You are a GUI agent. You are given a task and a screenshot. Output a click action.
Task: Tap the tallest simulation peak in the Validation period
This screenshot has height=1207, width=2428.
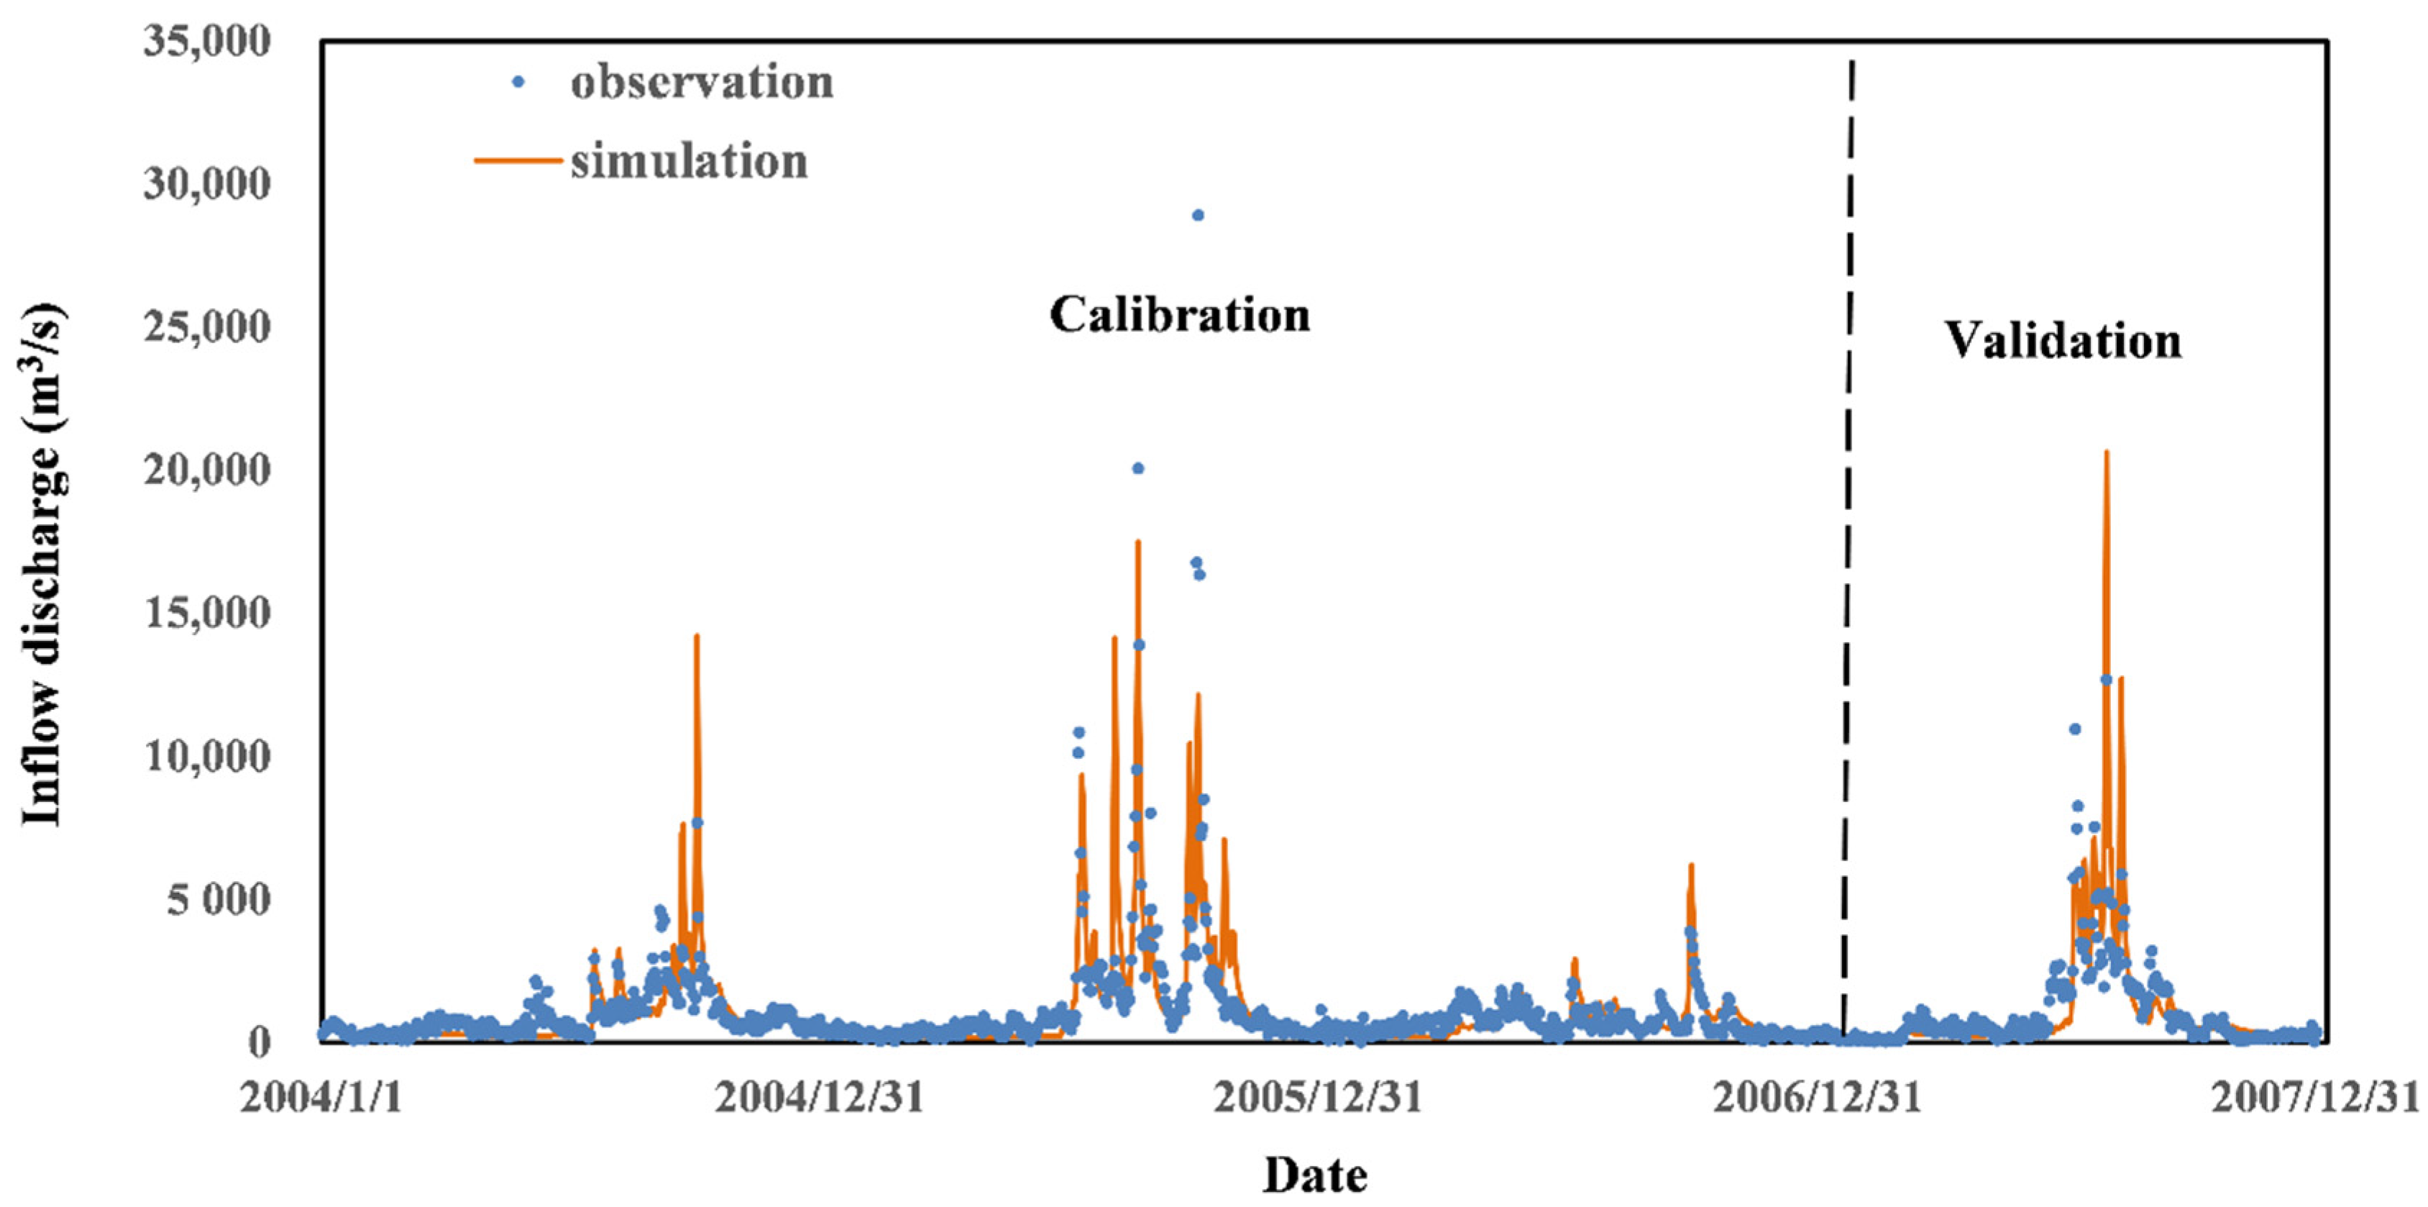[2106, 455]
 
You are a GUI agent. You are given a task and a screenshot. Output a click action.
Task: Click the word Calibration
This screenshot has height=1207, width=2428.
[1179, 315]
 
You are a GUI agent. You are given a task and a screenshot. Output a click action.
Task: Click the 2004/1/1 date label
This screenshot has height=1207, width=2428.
[321, 1098]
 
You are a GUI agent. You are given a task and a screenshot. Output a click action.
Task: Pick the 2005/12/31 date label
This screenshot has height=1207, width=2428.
[1316, 1098]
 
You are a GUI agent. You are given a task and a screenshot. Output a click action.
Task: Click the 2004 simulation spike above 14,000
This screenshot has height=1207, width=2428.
[697, 637]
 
